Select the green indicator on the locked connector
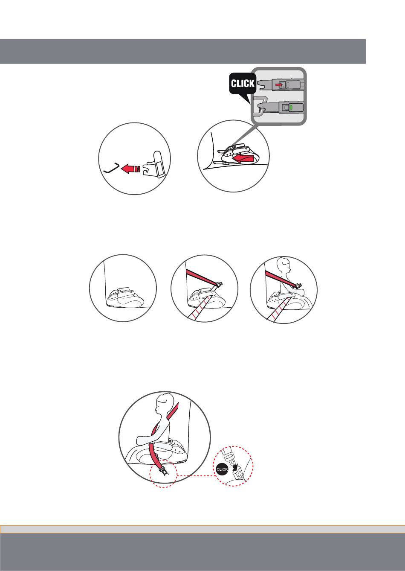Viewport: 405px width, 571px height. coord(291,108)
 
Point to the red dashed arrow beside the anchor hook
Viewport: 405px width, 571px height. coord(130,169)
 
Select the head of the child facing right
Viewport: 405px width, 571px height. coord(284,265)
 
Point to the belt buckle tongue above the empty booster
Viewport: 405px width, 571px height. coord(219,284)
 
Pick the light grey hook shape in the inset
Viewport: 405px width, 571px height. coord(260,106)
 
